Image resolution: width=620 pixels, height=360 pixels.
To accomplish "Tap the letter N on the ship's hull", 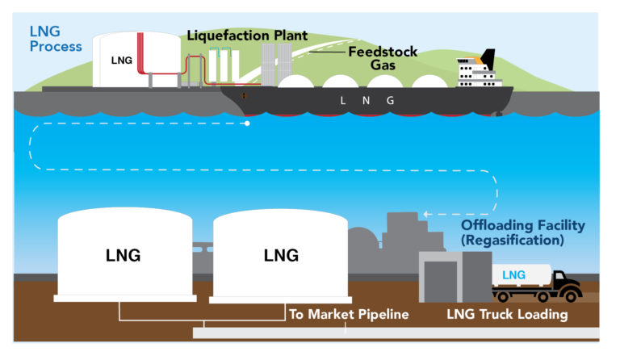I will pyautogui.click(x=367, y=101).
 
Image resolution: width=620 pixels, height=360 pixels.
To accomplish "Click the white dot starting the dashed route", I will pyautogui.click(x=247, y=124).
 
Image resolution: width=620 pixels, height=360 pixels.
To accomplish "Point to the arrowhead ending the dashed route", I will pyautogui.click(x=427, y=214).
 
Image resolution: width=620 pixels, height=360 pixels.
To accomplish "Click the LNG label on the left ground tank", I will pyautogui.click(x=123, y=255).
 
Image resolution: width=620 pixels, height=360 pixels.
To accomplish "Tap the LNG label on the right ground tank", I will pyautogui.click(x=281, y=255).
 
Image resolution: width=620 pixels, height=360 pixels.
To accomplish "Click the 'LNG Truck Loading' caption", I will pyautogui.click(x=507, y=314).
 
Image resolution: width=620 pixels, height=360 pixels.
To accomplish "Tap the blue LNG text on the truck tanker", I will pyautogui.click(x=513, y=275).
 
